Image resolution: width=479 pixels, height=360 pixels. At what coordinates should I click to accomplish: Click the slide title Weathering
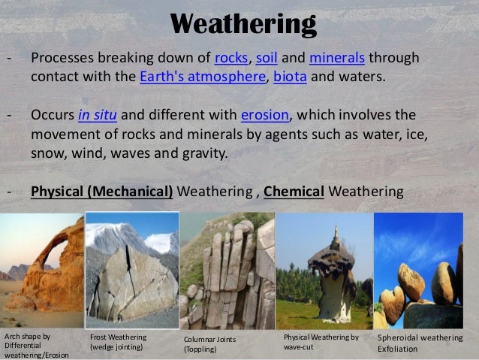pos(243,24)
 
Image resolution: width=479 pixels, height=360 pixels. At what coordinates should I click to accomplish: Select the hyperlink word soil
pos(273,59)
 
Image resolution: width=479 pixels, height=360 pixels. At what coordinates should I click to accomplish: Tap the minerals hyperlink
pos(337,59)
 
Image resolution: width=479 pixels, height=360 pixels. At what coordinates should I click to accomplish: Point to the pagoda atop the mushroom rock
pos(334,239)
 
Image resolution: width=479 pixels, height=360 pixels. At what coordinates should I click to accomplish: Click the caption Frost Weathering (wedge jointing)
pos(119,343)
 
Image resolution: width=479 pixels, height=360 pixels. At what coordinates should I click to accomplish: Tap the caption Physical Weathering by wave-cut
pos(321,343)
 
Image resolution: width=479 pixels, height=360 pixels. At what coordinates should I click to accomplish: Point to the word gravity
pos(208,153)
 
